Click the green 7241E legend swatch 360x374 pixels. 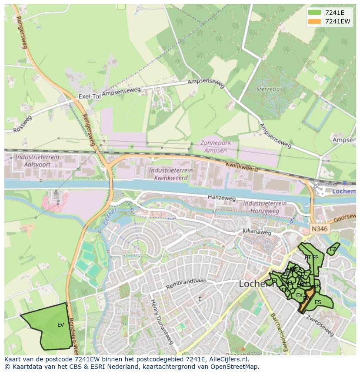(315, 13)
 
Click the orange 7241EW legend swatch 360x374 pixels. (315, 21)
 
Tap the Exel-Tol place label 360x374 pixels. (90, 96)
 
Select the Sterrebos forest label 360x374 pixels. (269, 89)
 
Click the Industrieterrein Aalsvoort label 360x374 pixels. (33, 160)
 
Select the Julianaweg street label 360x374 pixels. (257, 232)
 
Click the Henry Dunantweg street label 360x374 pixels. (162, 321)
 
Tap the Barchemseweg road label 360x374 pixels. (278, 332)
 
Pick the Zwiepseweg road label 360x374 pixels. (320, 327)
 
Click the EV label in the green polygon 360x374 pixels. (60, 324)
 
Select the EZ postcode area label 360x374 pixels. (333, 249)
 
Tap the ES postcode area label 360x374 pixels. (318, 302)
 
